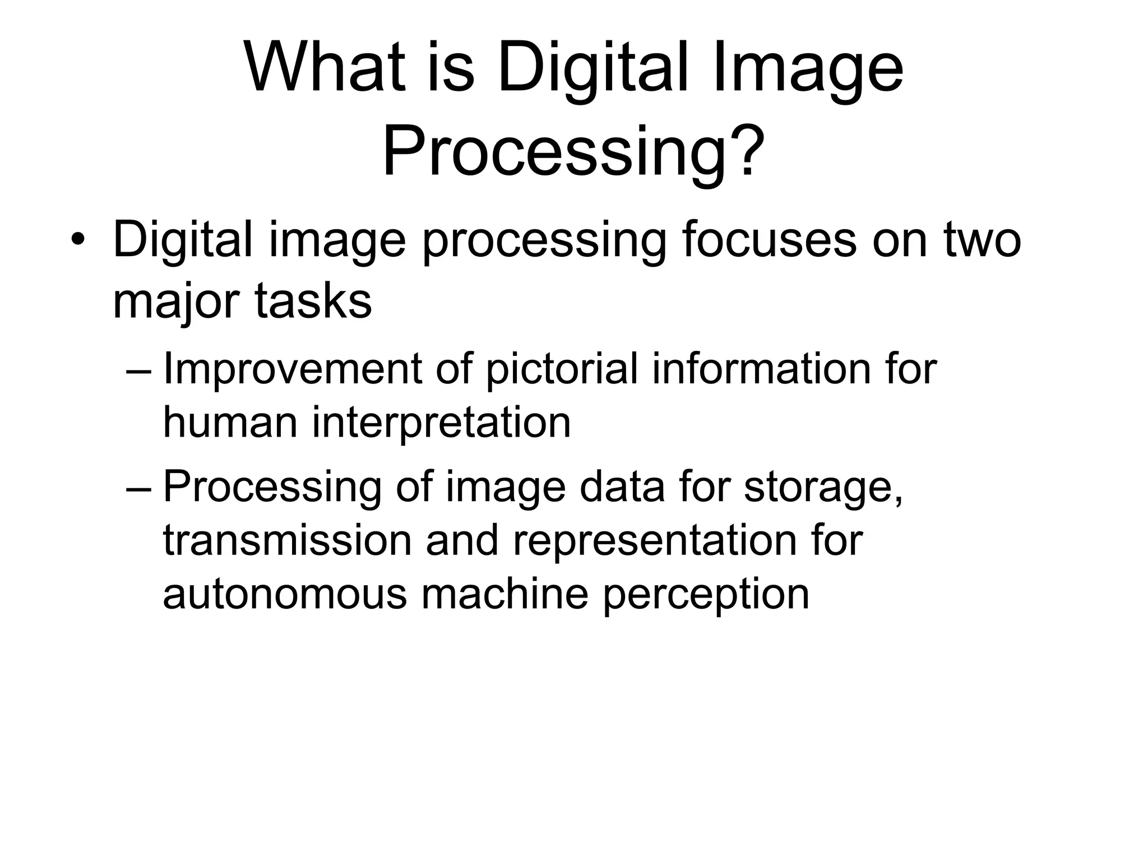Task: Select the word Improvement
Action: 292,369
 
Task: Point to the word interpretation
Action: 442,423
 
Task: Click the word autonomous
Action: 285,594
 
